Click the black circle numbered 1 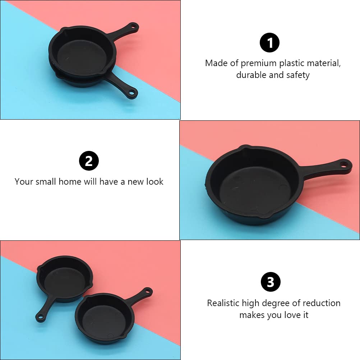[269, 43]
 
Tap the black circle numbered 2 [89, 161]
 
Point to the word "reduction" [322, 303]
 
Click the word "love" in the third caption [289, 315]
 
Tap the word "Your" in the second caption [24, 181]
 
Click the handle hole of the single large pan [344, 165]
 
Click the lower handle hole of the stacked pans [132, 93]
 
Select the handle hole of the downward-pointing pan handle [40, 317]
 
